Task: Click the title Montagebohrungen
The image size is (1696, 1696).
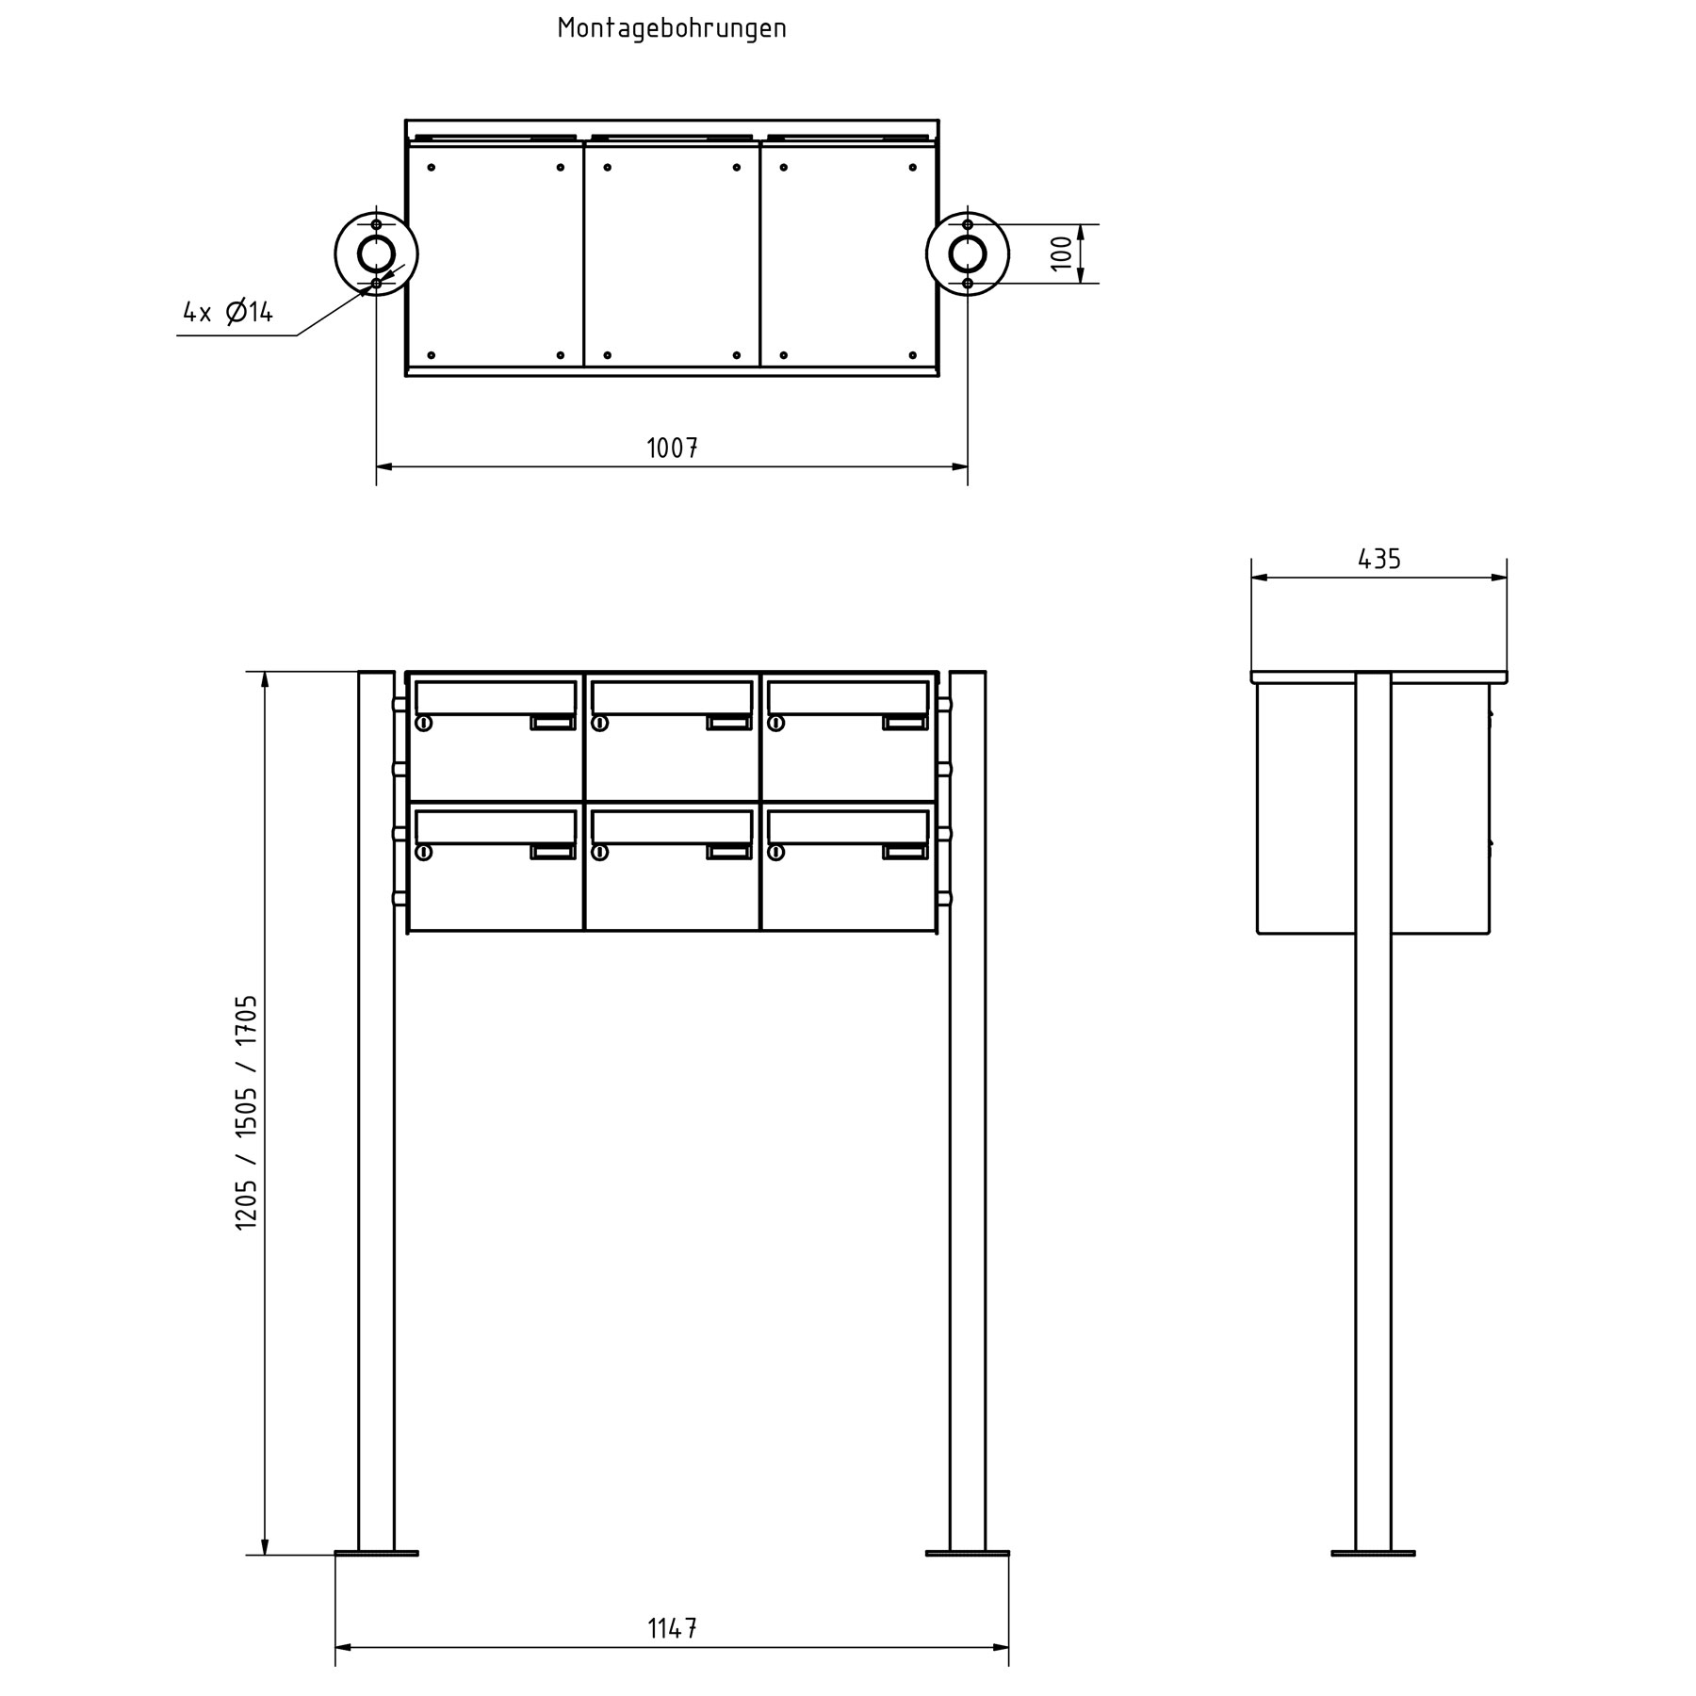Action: pos(671,28)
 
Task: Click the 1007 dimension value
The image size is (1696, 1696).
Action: pos(672,448)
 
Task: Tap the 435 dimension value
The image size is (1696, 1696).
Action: pos(1378,560)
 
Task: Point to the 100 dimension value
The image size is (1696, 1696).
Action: pos(1062,253)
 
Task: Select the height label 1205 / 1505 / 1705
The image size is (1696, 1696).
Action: pos(246,1112)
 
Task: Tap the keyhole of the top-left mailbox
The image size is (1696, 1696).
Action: pos(423,724)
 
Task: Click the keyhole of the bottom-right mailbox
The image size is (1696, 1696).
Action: pos(775,853)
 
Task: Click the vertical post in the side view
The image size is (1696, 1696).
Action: pos(1373,1225)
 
